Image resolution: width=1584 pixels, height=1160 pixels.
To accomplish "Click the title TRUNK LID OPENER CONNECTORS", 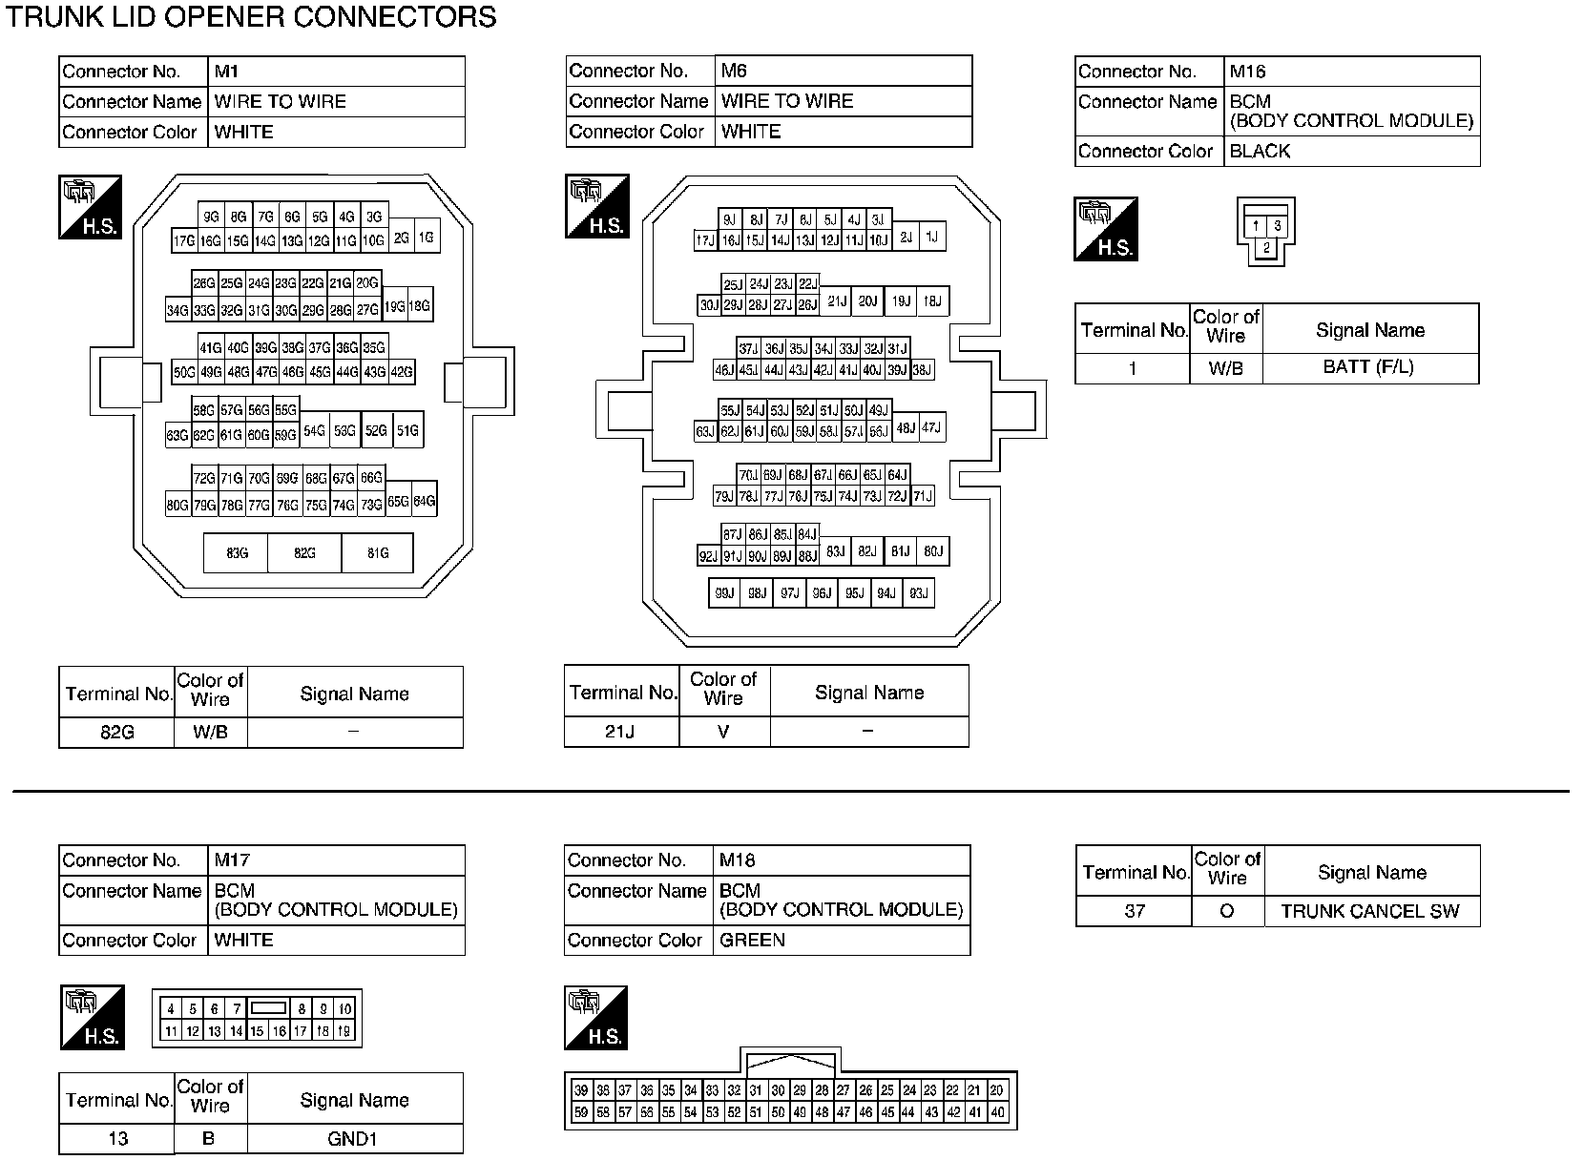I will tap(253, 17).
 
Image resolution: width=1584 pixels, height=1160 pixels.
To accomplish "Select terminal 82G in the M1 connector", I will tap(304, 552).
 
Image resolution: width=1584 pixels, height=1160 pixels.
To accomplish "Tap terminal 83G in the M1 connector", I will tap(237, 552).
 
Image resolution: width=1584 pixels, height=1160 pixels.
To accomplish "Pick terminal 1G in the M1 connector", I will tap(426, 238).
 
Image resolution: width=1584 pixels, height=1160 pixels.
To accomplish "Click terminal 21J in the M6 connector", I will tap(837, 301).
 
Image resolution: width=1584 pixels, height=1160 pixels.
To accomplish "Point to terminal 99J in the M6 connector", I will tap(724, 593).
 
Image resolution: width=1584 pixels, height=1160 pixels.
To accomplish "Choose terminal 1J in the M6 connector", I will tap(931, 237).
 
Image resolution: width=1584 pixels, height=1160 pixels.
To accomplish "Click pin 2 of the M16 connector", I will tap(1266, 248).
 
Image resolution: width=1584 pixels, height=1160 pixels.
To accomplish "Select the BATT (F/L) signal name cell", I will tap(1369, 367).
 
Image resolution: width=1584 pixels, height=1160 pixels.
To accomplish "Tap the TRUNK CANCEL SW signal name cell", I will tap(1370, 911).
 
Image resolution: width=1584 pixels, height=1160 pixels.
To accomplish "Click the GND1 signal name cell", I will tap(354, 1138).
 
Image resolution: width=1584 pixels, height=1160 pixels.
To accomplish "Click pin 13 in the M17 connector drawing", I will tap(215, 1031).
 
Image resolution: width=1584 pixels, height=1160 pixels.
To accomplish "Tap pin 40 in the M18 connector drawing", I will tap(998, 1112).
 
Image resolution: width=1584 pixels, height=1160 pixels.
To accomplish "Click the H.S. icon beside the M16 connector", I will tap(1106, 229).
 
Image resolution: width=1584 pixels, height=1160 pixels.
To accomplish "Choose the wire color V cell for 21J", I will tap(723, 732).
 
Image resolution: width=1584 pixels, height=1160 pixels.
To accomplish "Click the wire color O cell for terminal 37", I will tap(1227, 911).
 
